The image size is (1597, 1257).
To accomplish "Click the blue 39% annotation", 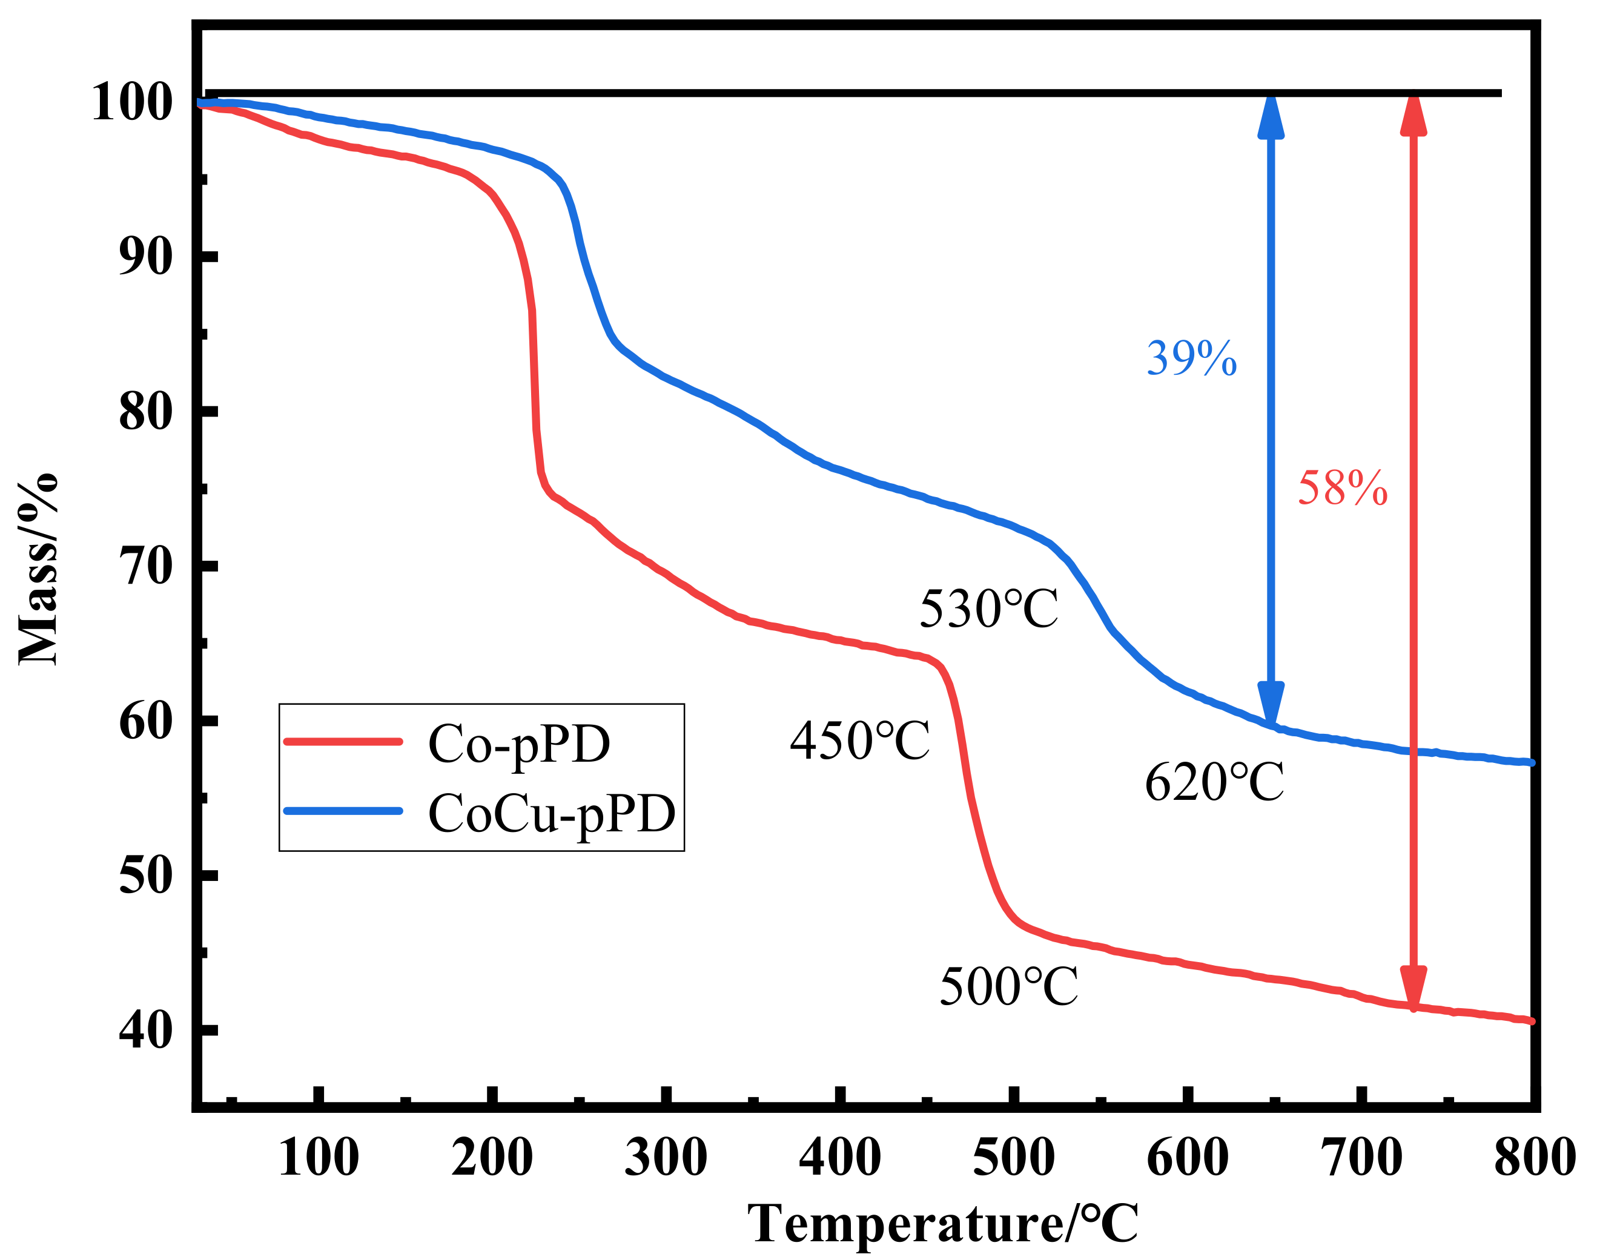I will pyautogui.click(x=1191, y=358).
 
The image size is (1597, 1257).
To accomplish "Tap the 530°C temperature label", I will pyautogui.click(x=988, y=609).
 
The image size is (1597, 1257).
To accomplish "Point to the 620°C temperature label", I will pyautogui.click(x=1214, y=782).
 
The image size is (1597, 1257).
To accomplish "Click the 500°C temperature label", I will pyautogui.click(x=1009, y=986).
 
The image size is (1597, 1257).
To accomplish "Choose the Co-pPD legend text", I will pyautogui.click(x=519, y=744).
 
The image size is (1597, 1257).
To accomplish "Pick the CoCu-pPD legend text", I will pyautogui.click(x=551, y=814).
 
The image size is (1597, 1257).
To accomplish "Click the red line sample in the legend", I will pyautogui.click(x=343, y=741).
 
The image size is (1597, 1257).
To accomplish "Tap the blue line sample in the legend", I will pyautogui.click(x=343, y=811).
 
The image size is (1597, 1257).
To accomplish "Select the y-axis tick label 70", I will pyautogui.click(x=146, y=566).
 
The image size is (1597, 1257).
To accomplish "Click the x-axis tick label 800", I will pyautogui.click(x=1535, y=1157).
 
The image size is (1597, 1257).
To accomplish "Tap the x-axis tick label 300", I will pyautogui.click(x=666, y=1157).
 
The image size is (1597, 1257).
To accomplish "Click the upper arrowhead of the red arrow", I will pyautogui.click(x=1413, y=116).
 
